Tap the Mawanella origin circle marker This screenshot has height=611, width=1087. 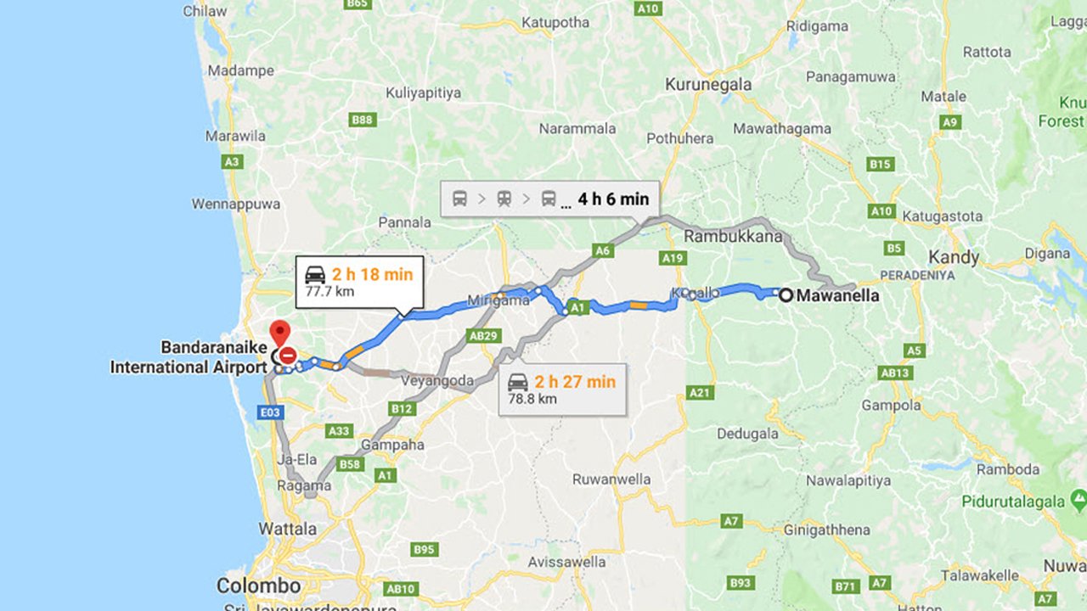[786, 295]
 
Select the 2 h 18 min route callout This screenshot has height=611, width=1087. [358, 282]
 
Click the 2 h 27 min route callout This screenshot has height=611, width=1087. [562, 390]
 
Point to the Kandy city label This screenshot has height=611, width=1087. [954, 257]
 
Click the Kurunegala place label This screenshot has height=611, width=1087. [708, 85]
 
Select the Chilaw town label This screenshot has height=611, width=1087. [206, 11]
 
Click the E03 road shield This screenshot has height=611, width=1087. [272, 412]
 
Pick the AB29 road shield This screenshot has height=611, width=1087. [483, 336]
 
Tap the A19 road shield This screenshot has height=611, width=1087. [672, 257]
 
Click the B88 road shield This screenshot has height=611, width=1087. [363, 120]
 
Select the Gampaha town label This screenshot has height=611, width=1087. [392, 445]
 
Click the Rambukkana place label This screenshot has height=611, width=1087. [733, 236]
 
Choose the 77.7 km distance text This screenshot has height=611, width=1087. [329, 292]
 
